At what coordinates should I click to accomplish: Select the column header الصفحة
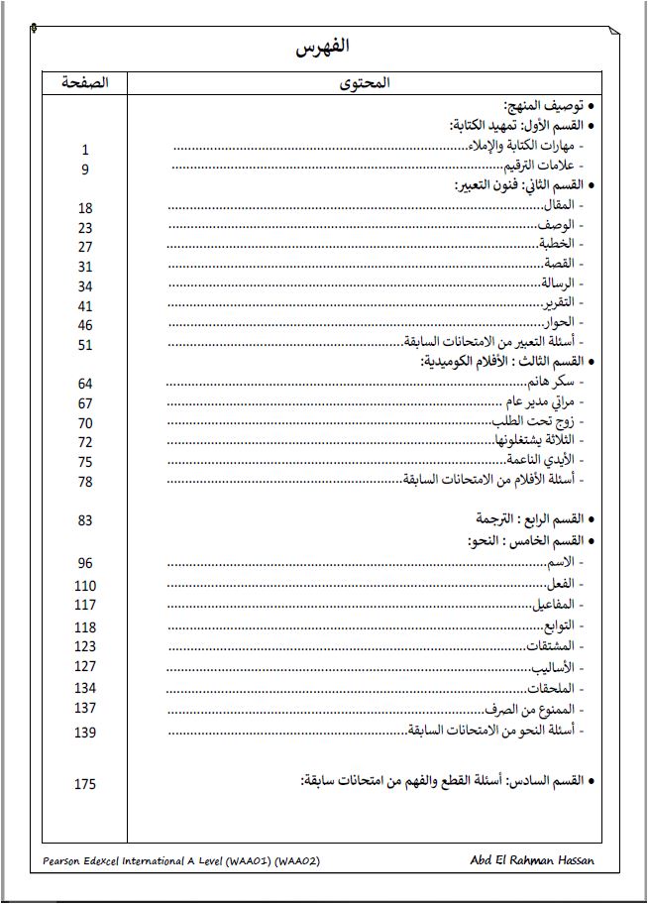click(x=85, y=83)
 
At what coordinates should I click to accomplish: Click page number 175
click(x=85, y=784)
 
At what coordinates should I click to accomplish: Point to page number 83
click(x=85, y=520)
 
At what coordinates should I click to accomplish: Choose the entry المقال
click(x=559, y=205)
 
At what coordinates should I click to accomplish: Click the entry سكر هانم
click(x=553, y=382)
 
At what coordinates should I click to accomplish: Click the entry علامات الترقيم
click(x=541, y=166)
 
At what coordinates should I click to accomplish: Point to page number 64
click(x=85, y=384)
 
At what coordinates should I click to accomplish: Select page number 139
click(x=85, y=733)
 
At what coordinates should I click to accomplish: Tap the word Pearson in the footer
click(x=65, y=861)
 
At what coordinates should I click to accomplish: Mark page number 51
click(x=85, y=345)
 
